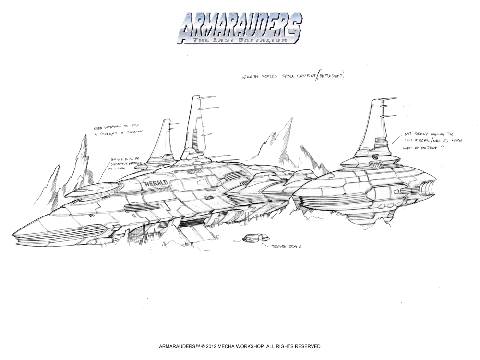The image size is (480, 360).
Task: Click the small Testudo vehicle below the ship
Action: click(x=252, y=238)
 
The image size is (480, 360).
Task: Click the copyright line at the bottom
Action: click(x=240, y=346)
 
